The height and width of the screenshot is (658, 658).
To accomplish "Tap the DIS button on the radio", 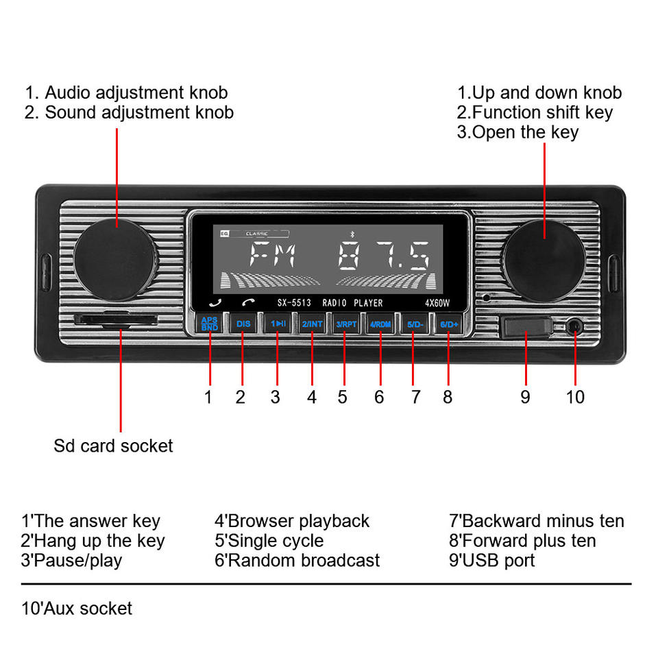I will coord(243,323).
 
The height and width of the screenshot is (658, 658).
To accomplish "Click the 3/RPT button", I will coord(346,323).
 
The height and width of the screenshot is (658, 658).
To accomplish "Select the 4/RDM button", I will coord(380,323).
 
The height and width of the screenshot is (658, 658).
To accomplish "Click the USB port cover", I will coord(526,326).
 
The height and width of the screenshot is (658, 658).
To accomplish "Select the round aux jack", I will coord(574,326).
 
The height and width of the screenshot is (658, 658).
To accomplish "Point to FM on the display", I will coord(273,256).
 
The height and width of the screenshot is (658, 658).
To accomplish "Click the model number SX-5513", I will coord(294,302).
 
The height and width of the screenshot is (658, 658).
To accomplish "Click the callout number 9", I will coord(525,397).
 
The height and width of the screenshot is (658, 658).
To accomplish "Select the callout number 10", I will coord(575,397).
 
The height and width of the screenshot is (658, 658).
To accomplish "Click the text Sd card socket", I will coord(113,446).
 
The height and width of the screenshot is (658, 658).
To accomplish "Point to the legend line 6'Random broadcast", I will coord(297,560).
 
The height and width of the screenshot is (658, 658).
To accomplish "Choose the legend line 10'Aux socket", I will coord(77,608).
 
